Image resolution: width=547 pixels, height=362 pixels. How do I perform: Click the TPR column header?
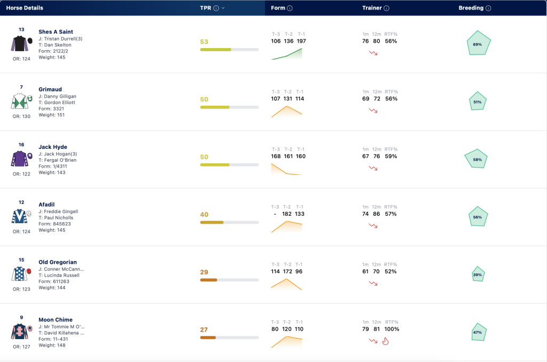coord(206,8)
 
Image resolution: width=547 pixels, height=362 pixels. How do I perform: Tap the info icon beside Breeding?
coord(488,9)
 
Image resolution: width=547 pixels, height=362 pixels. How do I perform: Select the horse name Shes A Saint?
coord(56,32)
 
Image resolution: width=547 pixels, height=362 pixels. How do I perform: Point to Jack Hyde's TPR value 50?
coord(204,157)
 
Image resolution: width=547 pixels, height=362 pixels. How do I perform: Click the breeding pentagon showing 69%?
coord(479,43)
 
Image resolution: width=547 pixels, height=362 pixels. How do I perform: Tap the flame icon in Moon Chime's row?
coord(386,341)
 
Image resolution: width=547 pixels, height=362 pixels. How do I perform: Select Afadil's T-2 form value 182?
coord(287,214)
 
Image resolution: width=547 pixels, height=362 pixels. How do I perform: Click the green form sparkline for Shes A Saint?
coord(286,54)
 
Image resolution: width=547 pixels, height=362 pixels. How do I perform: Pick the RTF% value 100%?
coord(392,329)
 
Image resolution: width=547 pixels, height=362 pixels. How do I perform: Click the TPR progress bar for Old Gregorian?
coord(229,280)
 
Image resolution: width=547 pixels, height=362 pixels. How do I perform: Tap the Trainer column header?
coord(372,8)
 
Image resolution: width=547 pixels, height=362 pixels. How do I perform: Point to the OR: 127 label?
coord(21,347)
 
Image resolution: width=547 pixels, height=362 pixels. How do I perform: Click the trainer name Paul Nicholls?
coord(59,218)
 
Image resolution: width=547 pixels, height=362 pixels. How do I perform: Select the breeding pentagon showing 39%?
coord(478,274)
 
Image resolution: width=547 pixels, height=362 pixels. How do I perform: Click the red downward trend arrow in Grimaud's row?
coord(373,111)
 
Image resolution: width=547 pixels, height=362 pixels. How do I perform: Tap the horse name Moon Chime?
coord(56,320)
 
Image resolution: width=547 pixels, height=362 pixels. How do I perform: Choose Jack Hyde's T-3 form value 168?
coord(276,156)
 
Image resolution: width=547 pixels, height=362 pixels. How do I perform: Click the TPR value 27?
coord(204,329)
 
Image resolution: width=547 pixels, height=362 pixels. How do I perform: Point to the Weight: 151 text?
coord(52,115)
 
